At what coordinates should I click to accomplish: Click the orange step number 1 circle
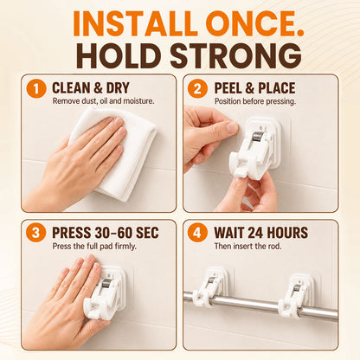[x=36, y=88]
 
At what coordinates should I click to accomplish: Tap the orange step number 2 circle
[x=197, y=88]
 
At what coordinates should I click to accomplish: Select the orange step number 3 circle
[x=36, y=233]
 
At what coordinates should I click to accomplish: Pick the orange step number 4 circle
[x=197, y=233]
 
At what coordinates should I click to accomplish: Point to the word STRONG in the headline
[x=235, y=55]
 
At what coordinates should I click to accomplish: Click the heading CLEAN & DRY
[x=91, y=88]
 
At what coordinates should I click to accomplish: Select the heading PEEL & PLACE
[x=254, y=88]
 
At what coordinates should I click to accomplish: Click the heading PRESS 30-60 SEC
[x=106, y=233]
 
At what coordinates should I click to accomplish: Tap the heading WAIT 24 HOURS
[x=260, y=233]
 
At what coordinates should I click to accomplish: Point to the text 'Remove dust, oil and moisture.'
[x=104, y=101]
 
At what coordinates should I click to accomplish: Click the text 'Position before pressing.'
[x=255, y=101]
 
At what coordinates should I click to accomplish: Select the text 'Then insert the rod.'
[x=247, y=246]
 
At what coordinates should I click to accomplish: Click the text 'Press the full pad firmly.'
[x=94, y=247]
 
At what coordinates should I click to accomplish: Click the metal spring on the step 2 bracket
[x=257, y=136]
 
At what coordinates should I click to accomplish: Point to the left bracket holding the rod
[x=209, y=286]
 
